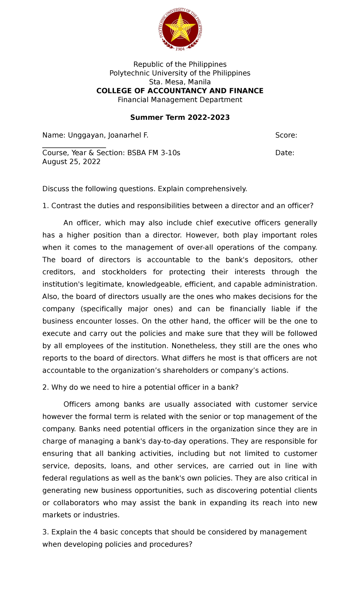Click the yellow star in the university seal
click(x=180, y=29)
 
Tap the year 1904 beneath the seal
click(x=180, y=49)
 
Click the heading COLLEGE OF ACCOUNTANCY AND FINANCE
click(x=180, y=91)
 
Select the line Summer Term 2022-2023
click(x=180, y=117)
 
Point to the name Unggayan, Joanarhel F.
click(x=108, y=135)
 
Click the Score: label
click(x=286, y=135)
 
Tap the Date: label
click(x=284, y=153)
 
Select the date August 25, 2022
click(x=71, y=162)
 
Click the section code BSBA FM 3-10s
click(x=154, y=153)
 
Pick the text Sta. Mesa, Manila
click(x=180, y=82)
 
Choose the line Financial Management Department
click(x=180, y=100)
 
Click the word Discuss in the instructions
click(x=55, y=189)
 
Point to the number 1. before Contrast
click(x=45, y=206)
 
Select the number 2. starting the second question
click(x=46, y=387)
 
